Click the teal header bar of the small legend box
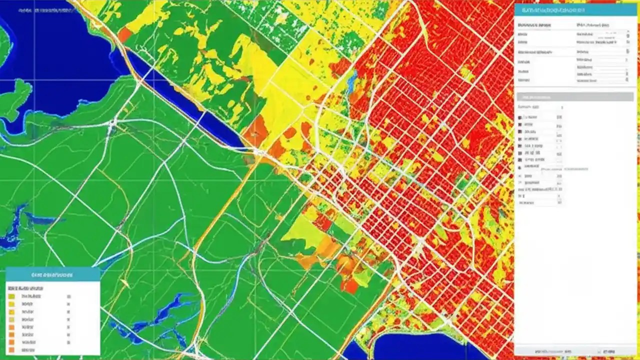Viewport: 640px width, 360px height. (52, 274)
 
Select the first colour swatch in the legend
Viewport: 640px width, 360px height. (11, 296)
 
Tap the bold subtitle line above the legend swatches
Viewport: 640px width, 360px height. (25, 288)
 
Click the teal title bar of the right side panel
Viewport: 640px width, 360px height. (575, 10)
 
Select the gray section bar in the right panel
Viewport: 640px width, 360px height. (575, 96)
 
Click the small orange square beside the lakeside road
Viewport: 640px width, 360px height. (124, 34)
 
